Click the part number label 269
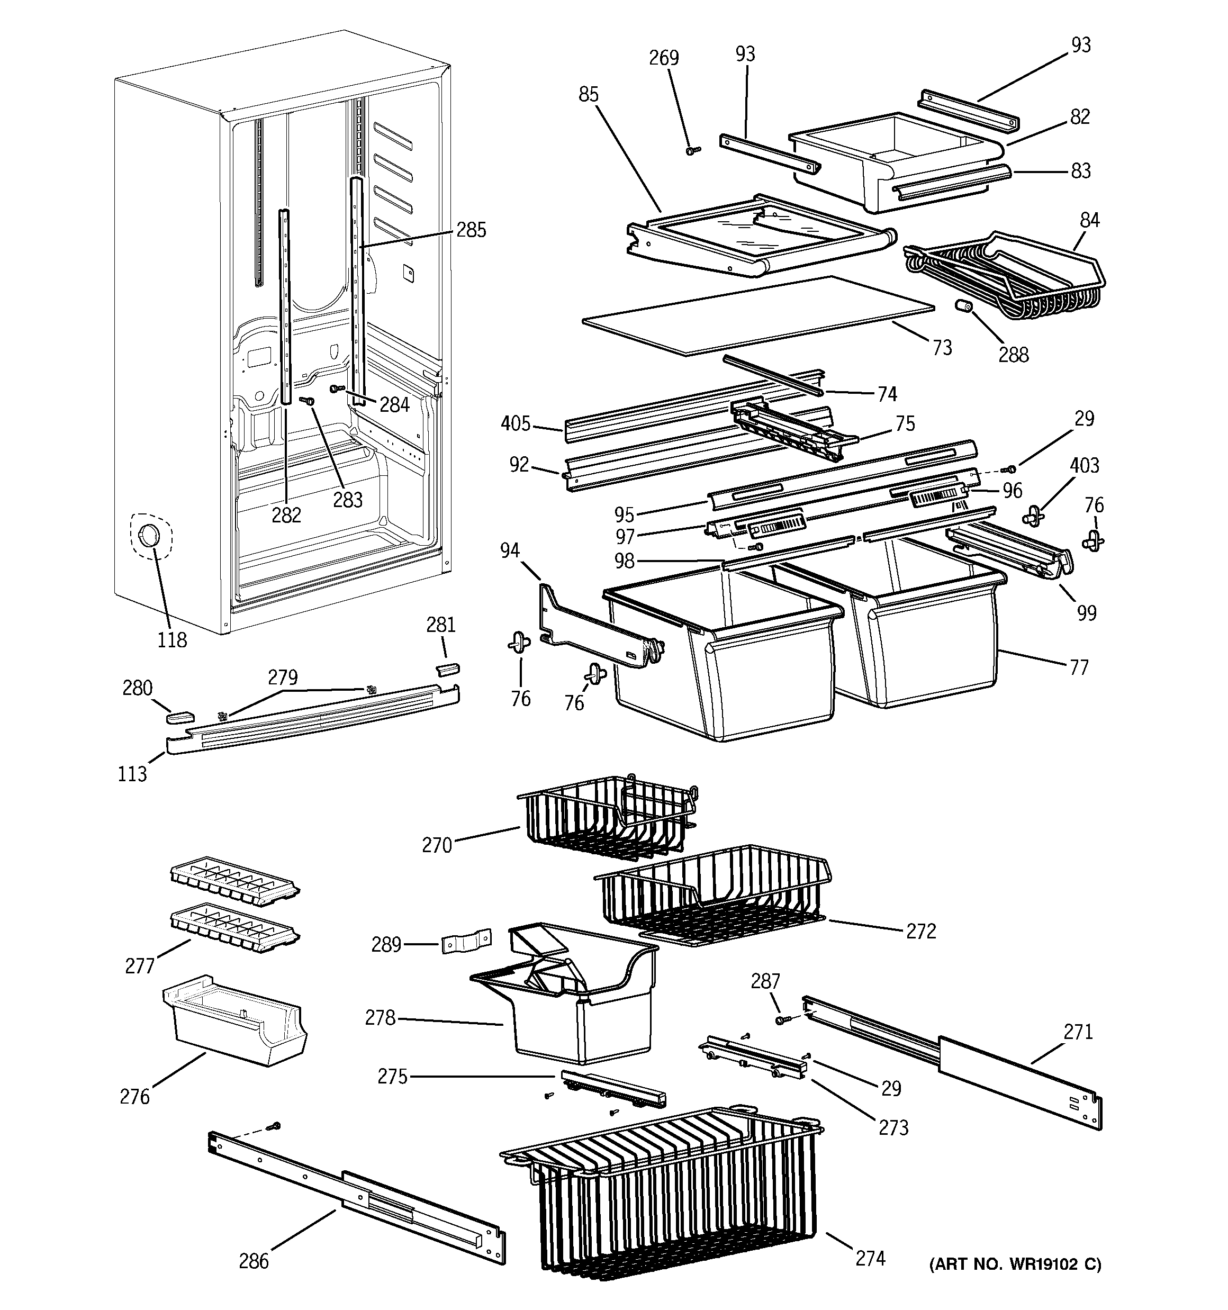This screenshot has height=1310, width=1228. (x=663, y=58)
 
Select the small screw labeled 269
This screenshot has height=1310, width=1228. (x=691, y=150)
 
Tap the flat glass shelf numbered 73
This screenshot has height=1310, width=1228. (x=758, y=317)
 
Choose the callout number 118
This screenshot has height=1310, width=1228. (x=172, y=639)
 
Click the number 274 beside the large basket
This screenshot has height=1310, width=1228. (x=870, y=1258)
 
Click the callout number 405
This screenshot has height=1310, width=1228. (x=516, y=424)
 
